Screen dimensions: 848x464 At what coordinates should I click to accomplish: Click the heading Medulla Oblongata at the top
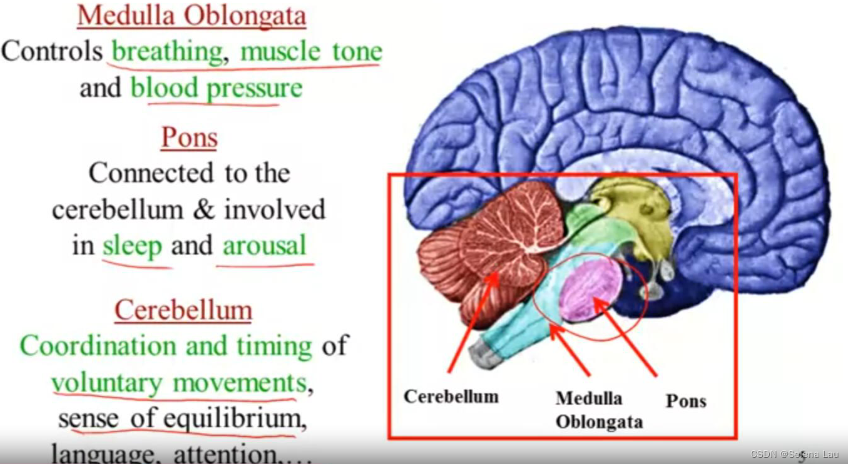[x=192, y=16]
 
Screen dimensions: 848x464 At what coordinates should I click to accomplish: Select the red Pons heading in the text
[x=189, y=138]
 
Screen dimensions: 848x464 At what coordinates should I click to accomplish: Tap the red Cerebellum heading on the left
[x=183, y=310]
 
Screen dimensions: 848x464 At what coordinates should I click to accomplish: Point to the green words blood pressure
[x=217, y=88]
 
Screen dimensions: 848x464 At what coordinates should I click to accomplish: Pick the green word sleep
[x=132, y=246]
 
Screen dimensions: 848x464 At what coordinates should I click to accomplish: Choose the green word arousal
[x=265, y=246]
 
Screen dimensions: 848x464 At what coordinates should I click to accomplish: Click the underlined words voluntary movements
[x=179, y=383]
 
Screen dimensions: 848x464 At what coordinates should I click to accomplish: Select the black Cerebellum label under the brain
[x=451, y=396]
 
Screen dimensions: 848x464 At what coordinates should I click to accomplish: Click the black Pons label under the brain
[x=686, y=400]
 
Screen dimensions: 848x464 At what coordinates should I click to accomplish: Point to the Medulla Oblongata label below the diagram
[x=598, y=410]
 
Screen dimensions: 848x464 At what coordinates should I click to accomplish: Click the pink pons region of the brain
[x=590, y=290]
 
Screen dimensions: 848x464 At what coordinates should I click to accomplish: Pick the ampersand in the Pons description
[x=203, y=210]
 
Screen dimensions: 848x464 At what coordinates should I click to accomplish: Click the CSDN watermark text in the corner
[x=794, y=453]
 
